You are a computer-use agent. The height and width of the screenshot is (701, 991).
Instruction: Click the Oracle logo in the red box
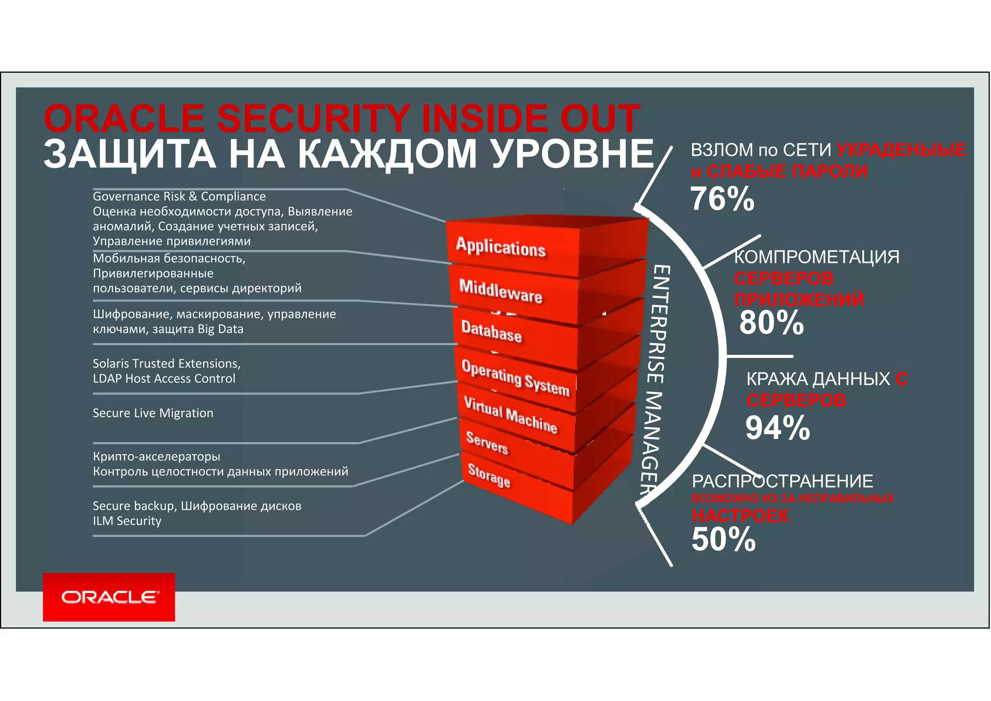click(109, 597)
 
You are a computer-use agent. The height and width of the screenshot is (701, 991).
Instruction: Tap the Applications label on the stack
click(501, 247)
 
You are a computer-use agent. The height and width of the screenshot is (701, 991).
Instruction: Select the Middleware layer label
click(500, 291)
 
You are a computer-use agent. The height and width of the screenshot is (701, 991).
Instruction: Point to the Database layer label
click(491, 331)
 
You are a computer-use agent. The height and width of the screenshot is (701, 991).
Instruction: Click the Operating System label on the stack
click(515, 378)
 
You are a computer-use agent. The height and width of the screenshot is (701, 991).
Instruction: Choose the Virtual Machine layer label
click(511, 414)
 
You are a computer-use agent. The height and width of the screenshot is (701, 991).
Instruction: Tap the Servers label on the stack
click(487, 442)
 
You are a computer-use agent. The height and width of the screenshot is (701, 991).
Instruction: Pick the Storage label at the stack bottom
click(489, 475)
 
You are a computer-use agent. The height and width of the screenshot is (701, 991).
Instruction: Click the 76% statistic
click(722, 199)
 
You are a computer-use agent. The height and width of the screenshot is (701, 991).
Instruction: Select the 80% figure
click(771, 322)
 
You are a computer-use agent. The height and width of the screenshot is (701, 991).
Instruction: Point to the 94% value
click(778, 428)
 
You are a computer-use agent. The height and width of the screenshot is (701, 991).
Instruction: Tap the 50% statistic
click(723, 539)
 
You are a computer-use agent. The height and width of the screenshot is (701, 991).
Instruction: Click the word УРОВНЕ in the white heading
click(572, 154)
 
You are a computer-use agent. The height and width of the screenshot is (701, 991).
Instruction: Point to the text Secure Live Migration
click(153, 413)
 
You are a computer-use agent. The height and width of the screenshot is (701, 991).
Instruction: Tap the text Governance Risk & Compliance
click(179, 197)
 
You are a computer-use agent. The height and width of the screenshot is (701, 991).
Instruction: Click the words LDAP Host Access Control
click(164, 379)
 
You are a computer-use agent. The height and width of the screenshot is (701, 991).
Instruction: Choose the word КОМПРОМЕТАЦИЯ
click(817, 257)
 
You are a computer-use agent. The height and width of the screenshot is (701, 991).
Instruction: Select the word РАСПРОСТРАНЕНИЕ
click(782, 481)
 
